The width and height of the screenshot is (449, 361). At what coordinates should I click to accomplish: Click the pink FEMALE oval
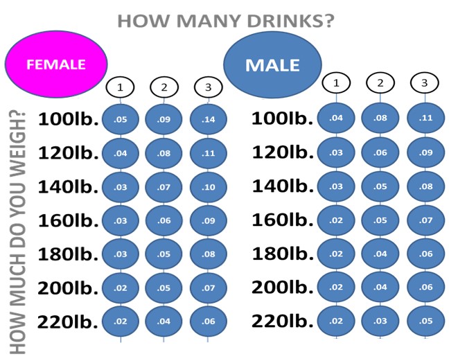coord(55,64)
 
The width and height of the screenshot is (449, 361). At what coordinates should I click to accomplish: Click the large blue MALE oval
coord(272,65)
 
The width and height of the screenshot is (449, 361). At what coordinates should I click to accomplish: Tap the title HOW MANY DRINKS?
coord(226,21)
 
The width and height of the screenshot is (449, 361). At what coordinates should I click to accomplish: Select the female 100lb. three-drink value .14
coord(208,119)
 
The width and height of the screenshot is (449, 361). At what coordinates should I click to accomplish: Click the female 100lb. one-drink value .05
coord(120,119)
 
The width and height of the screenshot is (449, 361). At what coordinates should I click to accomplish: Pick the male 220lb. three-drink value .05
coord(425,321)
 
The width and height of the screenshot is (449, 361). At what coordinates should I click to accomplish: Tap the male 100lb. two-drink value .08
coord(380,118)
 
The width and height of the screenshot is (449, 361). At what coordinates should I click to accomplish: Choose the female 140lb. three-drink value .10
coord(208,187)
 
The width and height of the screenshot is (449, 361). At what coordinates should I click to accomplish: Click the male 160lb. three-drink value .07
coord(425,220)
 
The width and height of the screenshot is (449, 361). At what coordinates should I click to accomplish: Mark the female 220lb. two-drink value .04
coord(164,322)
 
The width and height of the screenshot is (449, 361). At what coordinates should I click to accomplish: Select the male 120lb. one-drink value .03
coord(337,152)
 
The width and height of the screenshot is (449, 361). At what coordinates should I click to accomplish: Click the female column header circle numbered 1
coord(120,87)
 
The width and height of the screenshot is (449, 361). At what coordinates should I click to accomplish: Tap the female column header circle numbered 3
coord(207,87)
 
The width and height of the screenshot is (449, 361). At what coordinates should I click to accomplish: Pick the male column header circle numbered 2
coord(380,83)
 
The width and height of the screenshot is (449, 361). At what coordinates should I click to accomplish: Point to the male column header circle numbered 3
coord(424,83)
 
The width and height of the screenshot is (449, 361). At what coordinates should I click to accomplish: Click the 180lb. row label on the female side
coord(68,254)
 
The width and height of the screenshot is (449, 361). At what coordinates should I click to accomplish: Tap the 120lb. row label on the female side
coord(68,152)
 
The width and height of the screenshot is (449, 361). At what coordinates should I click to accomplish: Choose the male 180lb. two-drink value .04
coord(380,254)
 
